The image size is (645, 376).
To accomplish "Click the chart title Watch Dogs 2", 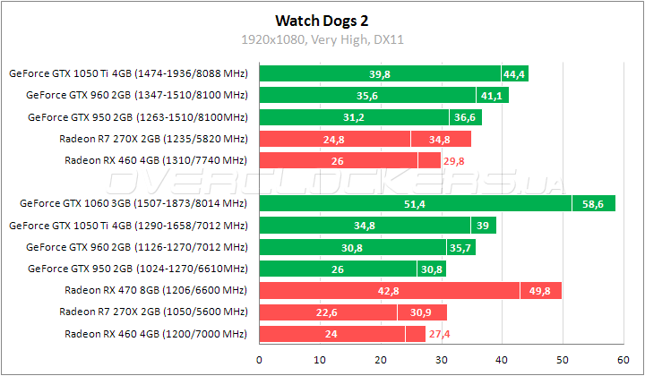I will (x=322, y=19).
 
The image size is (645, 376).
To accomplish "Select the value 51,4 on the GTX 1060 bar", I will (x=415, y=204).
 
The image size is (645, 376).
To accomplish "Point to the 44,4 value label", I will (x=514, y=74).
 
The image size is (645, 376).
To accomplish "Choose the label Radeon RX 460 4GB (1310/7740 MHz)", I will (x=155, y=160).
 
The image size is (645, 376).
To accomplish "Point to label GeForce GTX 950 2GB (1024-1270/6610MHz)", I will (x=137, y=268).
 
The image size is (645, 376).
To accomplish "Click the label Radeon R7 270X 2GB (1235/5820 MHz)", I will (x=152, y=139).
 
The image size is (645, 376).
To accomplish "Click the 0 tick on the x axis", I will (x=259, y=360).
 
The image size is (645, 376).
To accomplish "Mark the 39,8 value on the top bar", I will (x=380, y=74).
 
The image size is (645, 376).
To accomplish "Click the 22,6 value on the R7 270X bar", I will (x=328, y=312).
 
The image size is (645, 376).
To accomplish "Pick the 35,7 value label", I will (x=461, y=247).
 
